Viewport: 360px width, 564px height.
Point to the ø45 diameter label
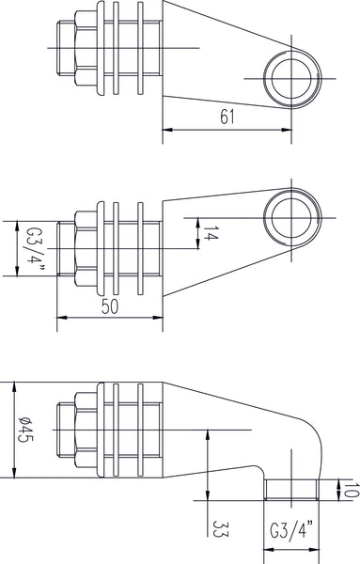28,431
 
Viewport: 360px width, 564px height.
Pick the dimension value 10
349,489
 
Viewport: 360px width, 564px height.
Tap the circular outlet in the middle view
290,216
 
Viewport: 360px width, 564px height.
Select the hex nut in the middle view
78,248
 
